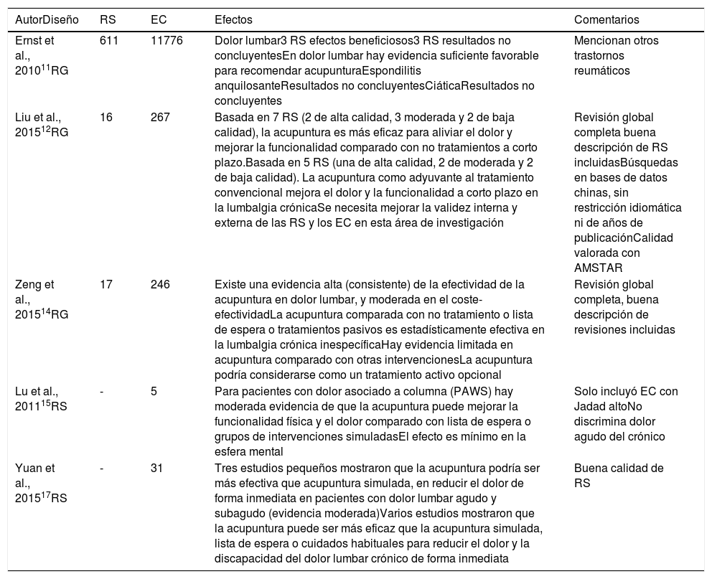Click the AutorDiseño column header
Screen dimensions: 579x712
[47, 20]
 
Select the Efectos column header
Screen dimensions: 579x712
[234, 20]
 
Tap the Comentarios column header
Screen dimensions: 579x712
[606, 20]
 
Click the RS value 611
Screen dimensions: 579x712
[109, 41]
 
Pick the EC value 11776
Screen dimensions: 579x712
[167, 41]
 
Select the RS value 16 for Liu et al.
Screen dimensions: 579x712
[106, 117]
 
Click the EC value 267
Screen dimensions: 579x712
[160, 117]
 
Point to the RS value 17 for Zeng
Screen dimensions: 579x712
[106, 285]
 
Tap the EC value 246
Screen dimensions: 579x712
[160, 285]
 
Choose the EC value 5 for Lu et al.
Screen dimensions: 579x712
[154, 391]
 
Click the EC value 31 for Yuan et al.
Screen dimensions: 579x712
[156, 468]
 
